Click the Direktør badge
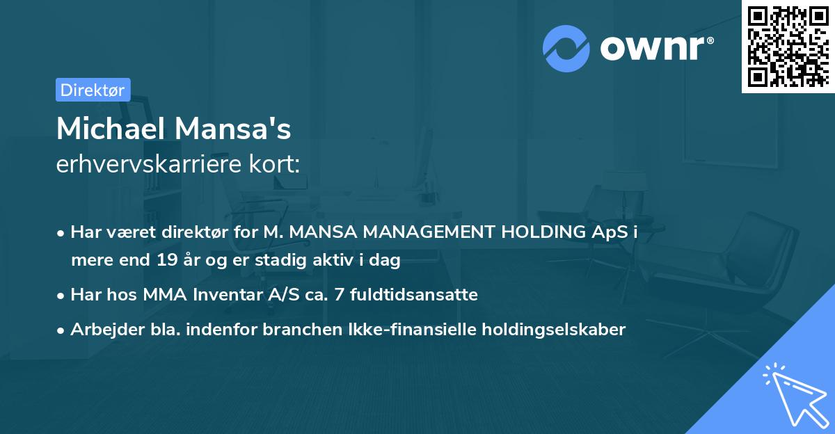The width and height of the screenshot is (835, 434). pos(93,90)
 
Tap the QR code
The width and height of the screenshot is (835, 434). pos(788,46)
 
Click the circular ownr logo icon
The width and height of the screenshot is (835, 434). pos(566,48)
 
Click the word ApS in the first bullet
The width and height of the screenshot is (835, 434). pos(610,232)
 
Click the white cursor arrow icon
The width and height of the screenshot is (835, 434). pos(794,393)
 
